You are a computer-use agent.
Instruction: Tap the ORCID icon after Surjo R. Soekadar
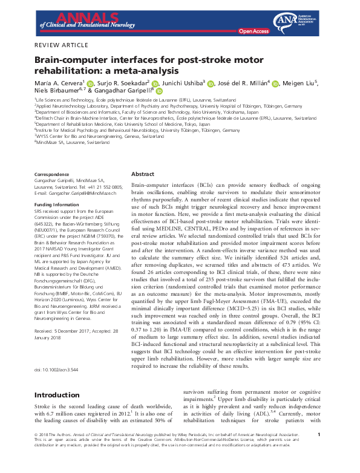155,83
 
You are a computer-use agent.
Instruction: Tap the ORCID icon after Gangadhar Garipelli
159,91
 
